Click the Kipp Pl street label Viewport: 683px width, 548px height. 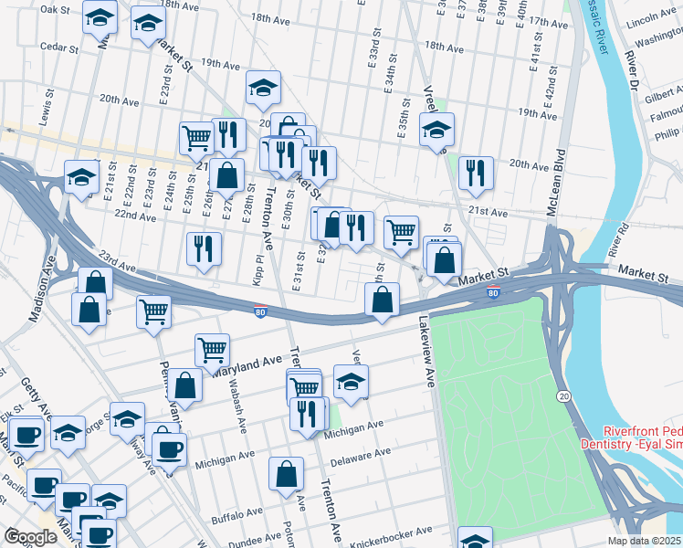pos(258,270)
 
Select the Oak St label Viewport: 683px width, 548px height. pos(56,9)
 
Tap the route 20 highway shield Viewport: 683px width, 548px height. pos(563,394)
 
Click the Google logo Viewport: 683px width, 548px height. pos(30,537)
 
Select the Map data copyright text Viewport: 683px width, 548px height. pos(642,541)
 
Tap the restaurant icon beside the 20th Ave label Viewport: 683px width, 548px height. pos(475,172)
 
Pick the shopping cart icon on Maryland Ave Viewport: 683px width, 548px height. pos(212,348)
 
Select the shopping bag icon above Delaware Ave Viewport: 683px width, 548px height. pos(286,472)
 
